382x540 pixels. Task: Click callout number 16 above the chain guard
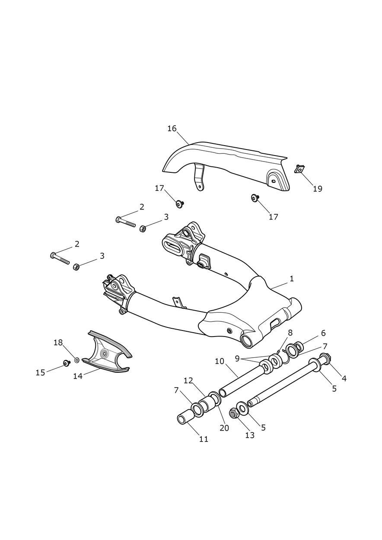pyautogui.click(x=172, y=128)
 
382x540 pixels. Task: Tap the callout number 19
pyautogui.click(x=318, y=189)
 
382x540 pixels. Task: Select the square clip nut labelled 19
pyautogui.click(x=299, y=169)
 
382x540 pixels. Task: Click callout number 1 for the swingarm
pyautogui.click(x=292, y=279)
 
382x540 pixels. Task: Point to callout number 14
pyautogui.click(x=78, y=376)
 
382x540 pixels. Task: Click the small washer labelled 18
pyautogui.click(x=76, y=360)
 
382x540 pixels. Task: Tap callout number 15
pyautogui.click(x=40, y=373)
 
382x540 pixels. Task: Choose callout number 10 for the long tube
pyautogui.click(x=220, y=361)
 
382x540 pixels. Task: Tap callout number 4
pyautogui.click(x=344, y=378)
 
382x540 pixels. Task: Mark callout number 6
pyautogui.click(x=323, y=333)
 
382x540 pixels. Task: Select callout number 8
pyautogui.click(x=290, y=333)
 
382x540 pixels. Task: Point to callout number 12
pyautogui.click(x=188, y=381)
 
